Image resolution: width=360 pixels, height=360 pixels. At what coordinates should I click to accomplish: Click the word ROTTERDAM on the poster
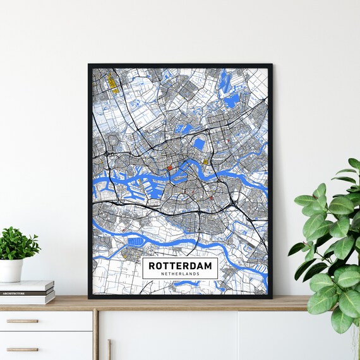tap(180, 266)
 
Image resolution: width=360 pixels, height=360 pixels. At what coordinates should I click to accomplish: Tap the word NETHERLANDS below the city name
tap(180, 274)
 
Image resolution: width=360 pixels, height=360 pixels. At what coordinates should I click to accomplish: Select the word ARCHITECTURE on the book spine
tap(14, 293)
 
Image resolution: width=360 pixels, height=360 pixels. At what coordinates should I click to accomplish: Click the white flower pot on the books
tap(11, 270)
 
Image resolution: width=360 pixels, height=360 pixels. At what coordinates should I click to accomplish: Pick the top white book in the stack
tap(27, 286)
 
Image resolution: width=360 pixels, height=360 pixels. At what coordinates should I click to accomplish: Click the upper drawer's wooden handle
tap(22, 321)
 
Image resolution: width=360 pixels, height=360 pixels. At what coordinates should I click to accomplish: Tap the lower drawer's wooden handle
tap(22, 349)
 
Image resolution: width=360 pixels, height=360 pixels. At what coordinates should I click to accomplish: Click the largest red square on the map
tap(169, 167)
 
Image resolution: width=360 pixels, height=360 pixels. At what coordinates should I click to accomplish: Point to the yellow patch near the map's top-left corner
tap(112, 81)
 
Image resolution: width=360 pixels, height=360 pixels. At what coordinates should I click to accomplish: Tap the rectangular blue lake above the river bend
tap(199, 145)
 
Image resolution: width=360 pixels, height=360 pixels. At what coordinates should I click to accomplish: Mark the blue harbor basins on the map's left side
tap(136, 187)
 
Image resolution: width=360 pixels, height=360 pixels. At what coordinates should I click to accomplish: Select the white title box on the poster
tap(180, 268)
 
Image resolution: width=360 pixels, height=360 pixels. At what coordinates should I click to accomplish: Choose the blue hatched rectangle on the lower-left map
tap(135, 241)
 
